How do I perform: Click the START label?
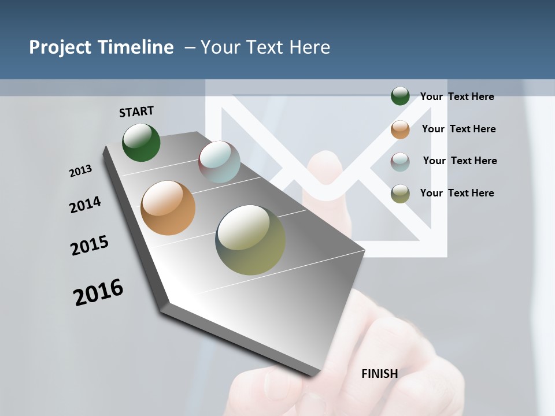136,111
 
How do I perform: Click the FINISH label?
379,374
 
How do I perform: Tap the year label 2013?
80,171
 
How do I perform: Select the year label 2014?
85,205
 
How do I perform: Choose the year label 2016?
98,292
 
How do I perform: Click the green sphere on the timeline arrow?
141,142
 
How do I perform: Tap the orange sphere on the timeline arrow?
168,208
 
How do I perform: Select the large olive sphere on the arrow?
250,240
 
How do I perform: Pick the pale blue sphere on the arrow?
219,161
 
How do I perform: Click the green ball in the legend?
400,96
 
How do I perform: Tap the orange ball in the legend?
400,129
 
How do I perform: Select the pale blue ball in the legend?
400,161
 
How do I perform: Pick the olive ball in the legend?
400,194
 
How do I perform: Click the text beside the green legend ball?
457,96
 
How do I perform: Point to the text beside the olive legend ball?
457,193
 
